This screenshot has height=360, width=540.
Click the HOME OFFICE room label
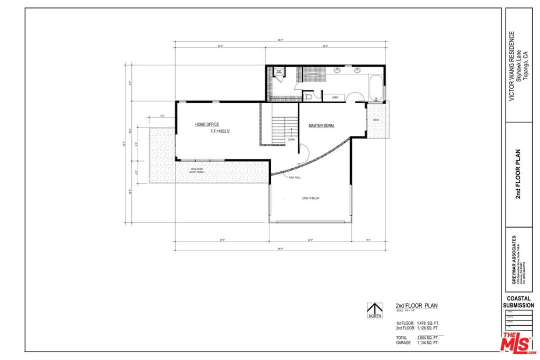pyautogui.click(x=207, y=124)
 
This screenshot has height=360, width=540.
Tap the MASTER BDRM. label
pyautogui.click(x=322, y=125)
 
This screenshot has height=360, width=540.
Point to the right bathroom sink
pyautogui.click(x=357, y=70)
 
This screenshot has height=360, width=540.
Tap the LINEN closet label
pyautogui.click(x=335, y=98)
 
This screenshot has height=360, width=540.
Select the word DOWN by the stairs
pyautogui.click(x=292, y=140)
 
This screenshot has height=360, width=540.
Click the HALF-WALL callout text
pyautogui.click(x=294, y=178)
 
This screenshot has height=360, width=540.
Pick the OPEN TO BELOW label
pyautogui.click(x=311, y=198)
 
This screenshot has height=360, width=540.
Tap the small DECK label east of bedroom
pyautogui.click(x=376, y=120)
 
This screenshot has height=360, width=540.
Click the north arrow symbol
pyautogui.click(x=374, y=310)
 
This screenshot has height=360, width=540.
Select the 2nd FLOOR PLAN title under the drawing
pyautogui.click(x=417, y=305)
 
